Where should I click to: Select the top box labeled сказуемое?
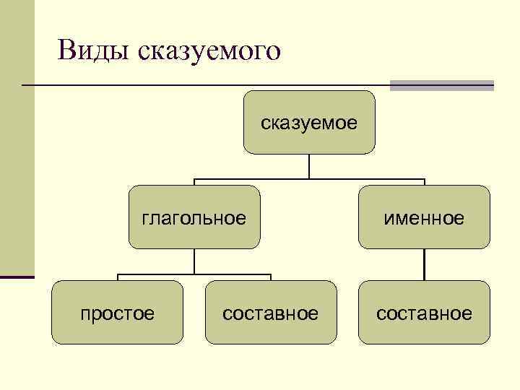pos(309,123)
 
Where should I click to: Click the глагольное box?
pos(194,217)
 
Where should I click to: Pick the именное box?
pos(424,217)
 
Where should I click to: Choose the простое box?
pos(117,313)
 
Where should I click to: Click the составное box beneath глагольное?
pos(271,313)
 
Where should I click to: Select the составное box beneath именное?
pos(424,313)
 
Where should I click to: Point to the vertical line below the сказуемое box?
pos(309,165)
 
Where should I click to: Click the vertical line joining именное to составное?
pos(425,265)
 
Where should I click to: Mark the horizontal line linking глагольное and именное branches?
pos(309,178)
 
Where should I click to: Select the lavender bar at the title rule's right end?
pos(441,85)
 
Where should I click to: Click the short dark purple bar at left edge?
pos(17,277)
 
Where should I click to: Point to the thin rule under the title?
pos(202,85)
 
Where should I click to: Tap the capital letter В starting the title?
pos(68,51)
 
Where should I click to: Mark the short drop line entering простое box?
pos(118,278)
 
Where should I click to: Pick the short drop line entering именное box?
pos(425,182)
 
